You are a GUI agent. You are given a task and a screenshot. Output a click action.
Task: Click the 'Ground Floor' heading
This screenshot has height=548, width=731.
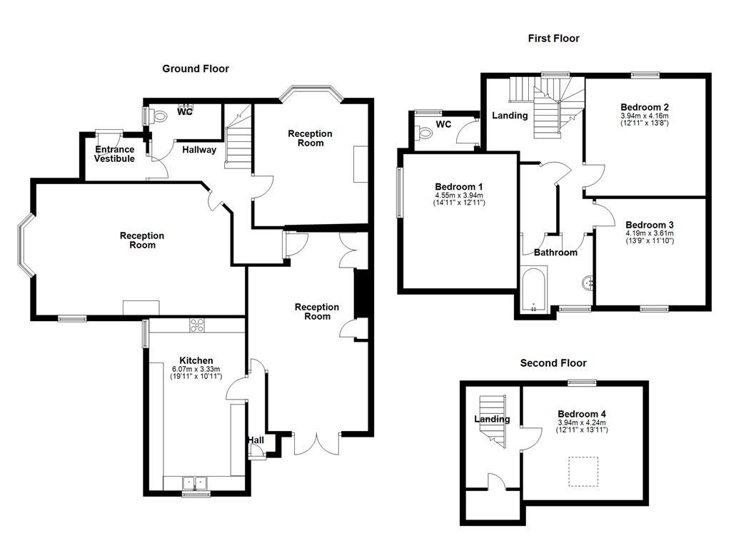(196, 68)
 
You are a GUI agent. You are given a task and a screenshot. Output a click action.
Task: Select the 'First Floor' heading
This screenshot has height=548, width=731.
(553, 39)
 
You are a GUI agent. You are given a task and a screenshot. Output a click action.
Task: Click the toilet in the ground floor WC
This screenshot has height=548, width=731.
(159, 116)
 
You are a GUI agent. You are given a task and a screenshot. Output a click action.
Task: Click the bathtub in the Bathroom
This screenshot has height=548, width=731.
(533, 290)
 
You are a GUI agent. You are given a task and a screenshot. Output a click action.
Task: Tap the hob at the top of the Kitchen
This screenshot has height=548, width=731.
(197, 325)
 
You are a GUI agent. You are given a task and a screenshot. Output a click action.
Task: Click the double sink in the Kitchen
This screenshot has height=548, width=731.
(193, 483)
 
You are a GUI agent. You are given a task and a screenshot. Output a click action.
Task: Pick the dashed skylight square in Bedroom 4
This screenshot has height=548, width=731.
(582, 470)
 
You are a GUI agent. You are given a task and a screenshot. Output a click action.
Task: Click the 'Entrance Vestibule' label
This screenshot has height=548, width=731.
(115, 154)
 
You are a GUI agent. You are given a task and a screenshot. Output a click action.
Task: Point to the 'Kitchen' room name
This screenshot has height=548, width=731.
(196, 360)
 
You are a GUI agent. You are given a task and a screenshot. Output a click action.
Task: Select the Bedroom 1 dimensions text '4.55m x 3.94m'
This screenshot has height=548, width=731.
(459, 196)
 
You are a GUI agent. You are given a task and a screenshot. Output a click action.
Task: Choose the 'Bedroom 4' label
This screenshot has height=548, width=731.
(582, 414)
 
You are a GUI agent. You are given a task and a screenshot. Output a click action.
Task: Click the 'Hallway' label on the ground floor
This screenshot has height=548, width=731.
(199, 150)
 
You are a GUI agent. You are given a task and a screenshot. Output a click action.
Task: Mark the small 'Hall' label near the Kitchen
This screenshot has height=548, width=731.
(256, 440)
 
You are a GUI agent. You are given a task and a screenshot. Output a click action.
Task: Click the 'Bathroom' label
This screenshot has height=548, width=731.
(555, 253)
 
